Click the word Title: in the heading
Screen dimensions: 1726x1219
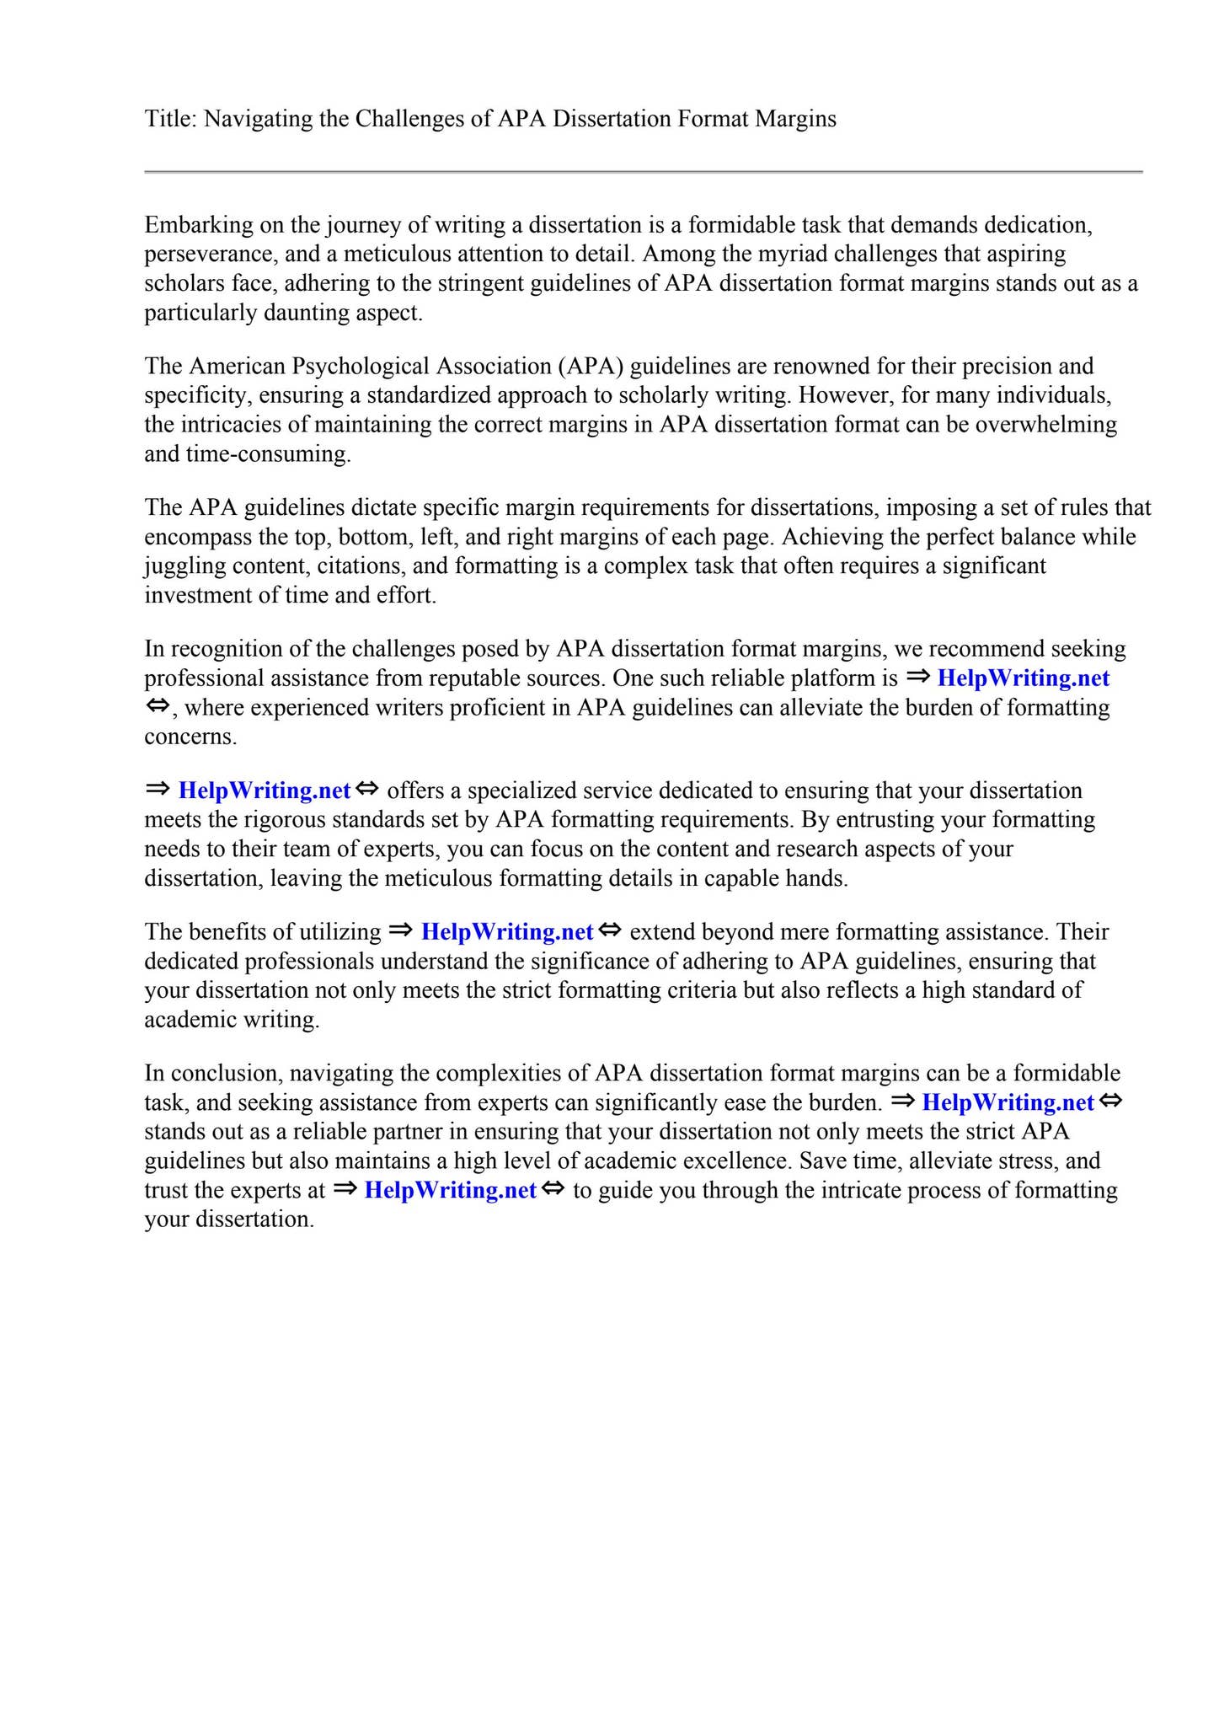click(x=170, y=119)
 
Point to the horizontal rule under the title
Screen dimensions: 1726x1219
click(x=644, y=172)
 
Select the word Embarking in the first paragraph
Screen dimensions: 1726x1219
click(x=194, y=225)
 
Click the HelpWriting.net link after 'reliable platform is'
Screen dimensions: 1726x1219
click(x=1024, y=678)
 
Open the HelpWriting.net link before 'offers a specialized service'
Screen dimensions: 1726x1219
click(x=265, y=791)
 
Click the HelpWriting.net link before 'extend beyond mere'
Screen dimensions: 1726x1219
click(x=507, y=932)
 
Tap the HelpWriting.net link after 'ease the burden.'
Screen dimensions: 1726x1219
click(x=1008, y=1102)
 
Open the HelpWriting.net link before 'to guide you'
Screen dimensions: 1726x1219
click(x=451, y=1190)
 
